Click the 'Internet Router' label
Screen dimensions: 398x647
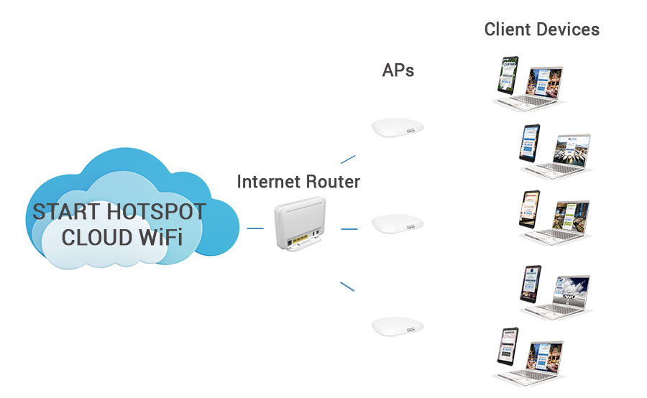298,182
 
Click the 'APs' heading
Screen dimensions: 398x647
398,70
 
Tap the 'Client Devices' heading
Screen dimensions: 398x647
541,29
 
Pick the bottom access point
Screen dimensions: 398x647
393,326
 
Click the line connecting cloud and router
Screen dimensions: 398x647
254,229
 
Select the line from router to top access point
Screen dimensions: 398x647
348,159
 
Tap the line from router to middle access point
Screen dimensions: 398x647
349,229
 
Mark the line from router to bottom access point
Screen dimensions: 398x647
347,286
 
